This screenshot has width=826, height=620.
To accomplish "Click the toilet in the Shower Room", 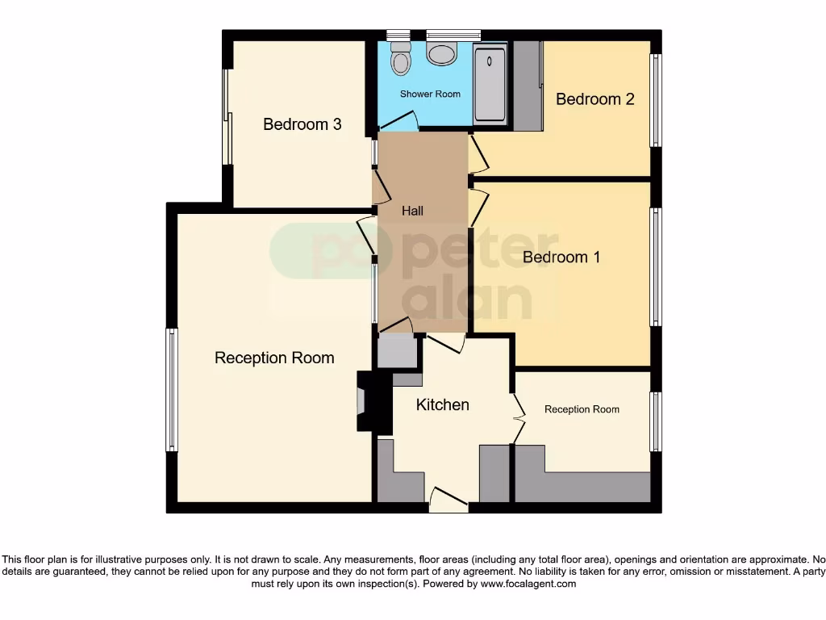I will coord(399,58).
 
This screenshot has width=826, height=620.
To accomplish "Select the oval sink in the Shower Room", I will coord(441,54).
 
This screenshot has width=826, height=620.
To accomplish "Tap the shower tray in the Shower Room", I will coord(490,85).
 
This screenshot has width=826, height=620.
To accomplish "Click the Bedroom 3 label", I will coord(302,124).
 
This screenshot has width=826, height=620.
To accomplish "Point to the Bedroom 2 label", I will coord(595,99).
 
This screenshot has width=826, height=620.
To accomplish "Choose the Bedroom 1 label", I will coord(561,258).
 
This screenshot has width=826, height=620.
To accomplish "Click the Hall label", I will coord(412,211).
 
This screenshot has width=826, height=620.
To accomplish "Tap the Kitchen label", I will coord(442,404).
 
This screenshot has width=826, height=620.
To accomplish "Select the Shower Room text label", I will coord(430,94).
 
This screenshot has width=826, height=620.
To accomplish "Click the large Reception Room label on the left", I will coord(274,358).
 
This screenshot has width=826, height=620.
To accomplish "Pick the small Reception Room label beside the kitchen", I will coord(582,409).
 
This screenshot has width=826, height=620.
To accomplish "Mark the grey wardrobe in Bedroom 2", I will coord(528,86).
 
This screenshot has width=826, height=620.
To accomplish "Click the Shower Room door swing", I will coord(400,121).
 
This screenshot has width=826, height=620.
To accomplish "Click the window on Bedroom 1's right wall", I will coord(656,266).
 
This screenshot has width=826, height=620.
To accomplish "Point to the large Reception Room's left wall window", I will coord(171,389).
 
